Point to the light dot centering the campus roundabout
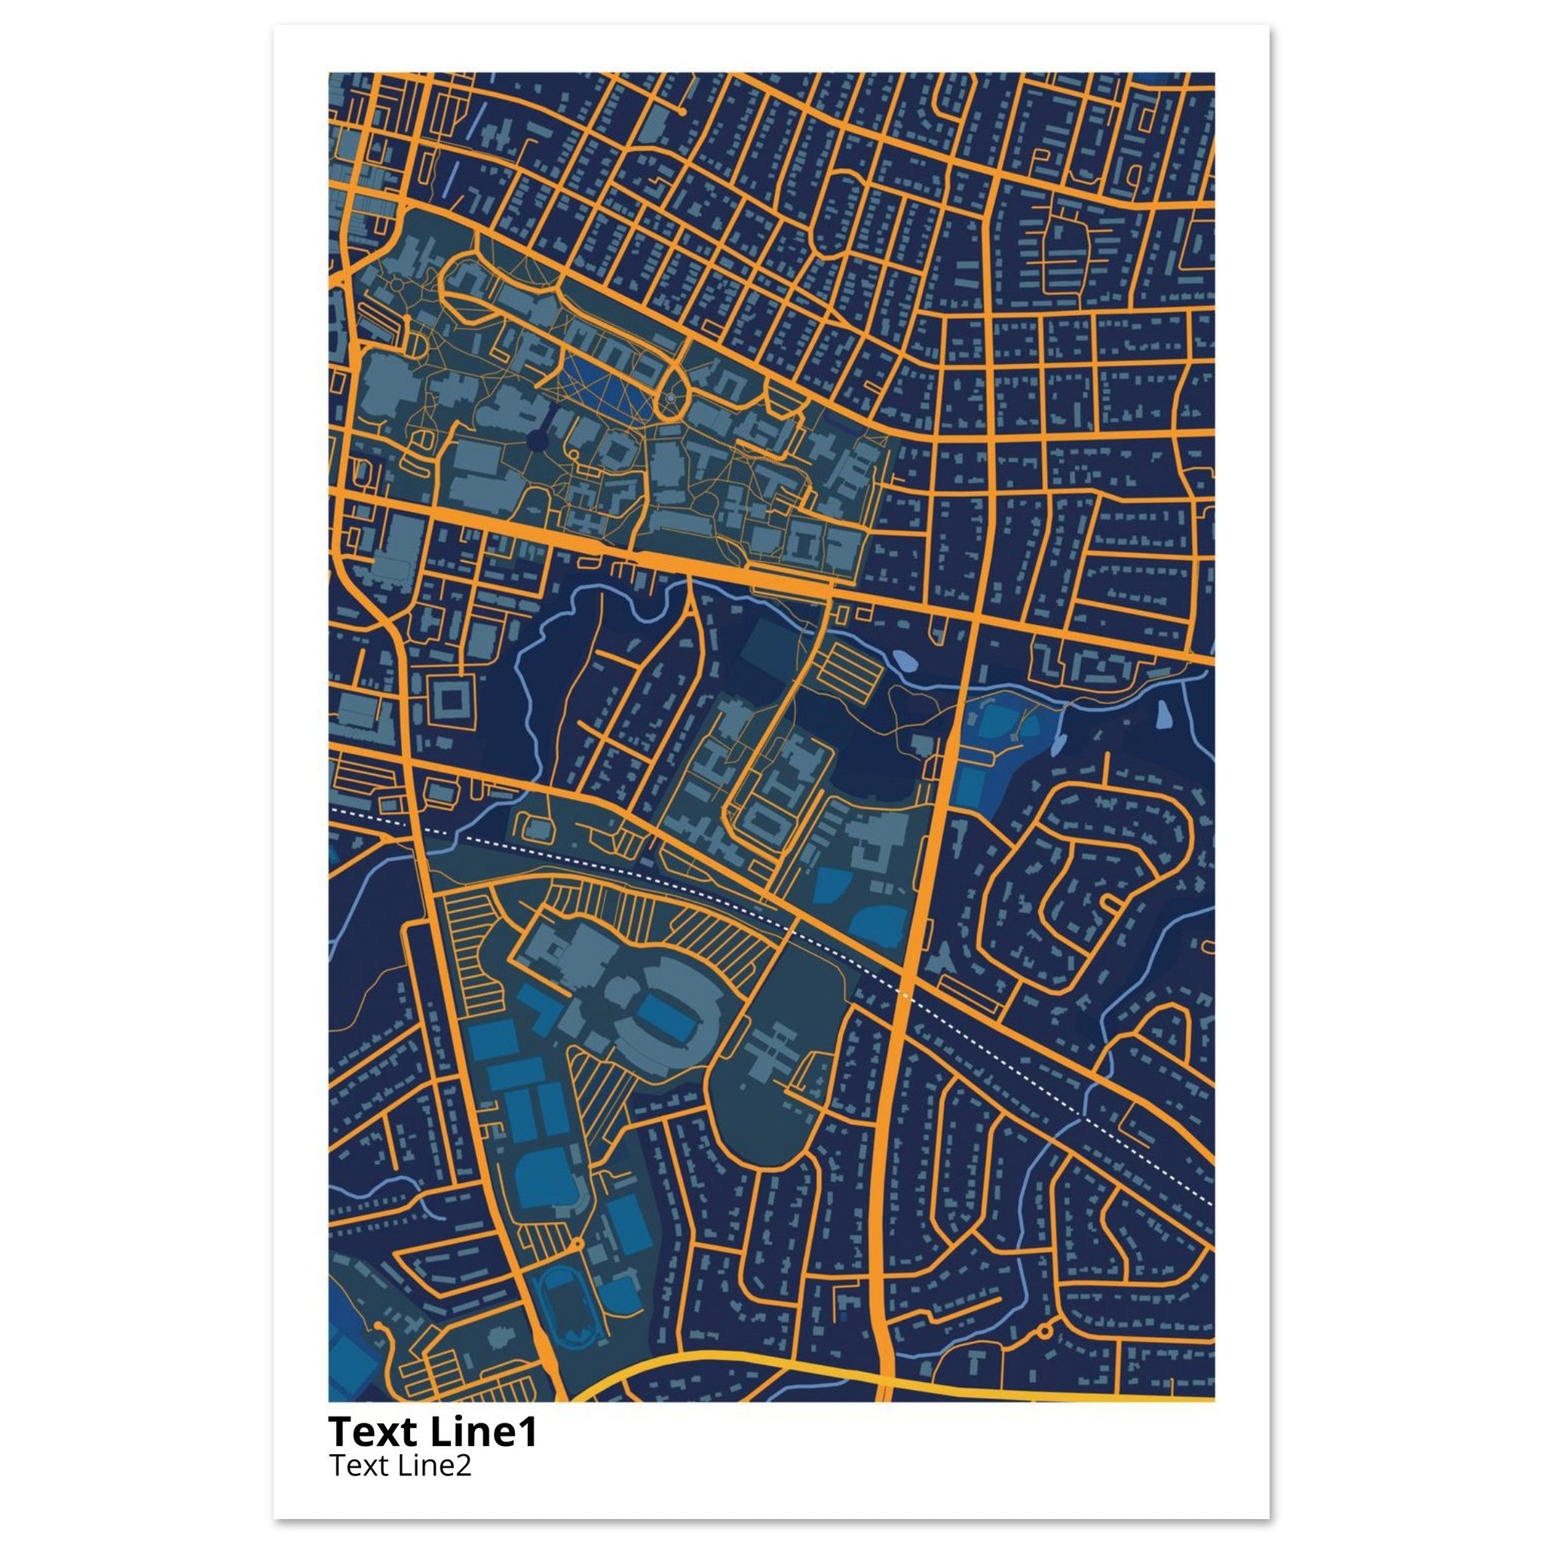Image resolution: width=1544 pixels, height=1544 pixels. [669, 397]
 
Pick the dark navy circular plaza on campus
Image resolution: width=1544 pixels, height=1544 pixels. [537, 439]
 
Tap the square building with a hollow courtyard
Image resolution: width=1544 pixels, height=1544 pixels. [452, 700]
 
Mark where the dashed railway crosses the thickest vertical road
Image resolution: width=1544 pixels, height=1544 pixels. [905, 995]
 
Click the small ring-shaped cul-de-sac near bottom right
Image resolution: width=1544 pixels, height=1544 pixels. [1043, 1331]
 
